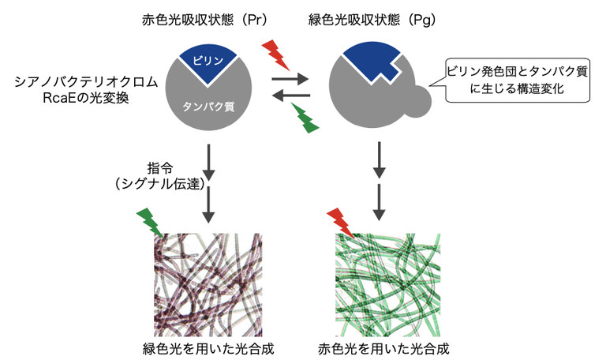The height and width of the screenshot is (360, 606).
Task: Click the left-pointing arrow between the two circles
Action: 290,96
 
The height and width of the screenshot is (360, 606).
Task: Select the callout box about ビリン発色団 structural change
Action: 517,81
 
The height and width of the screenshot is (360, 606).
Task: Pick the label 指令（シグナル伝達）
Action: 157,176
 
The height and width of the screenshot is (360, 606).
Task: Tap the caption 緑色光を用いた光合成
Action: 204,347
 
